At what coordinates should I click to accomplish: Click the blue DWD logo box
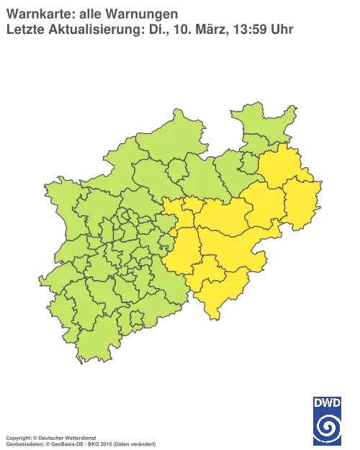pos(327,420)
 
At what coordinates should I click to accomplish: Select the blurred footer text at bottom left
pos(79,438)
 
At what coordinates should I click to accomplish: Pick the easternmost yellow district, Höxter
pos(301,202)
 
